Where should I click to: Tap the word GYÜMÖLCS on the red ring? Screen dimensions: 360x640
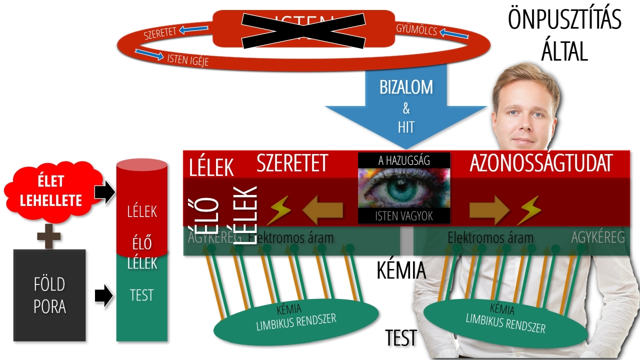tap(416, 30)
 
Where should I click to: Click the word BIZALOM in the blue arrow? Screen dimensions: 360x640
tap(405, 87)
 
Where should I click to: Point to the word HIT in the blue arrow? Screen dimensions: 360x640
tap(406, 127)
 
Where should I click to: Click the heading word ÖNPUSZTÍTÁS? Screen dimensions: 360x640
tap(564, 20)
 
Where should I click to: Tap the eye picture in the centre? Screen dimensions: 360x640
tap(404, 188)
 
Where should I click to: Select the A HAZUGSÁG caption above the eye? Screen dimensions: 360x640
tap(404, 160)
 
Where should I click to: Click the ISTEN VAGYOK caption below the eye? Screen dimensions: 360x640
tap(404, 216)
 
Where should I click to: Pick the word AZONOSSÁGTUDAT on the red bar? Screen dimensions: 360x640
tap(541, 163)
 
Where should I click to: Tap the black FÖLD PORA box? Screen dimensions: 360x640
tap(49, 295)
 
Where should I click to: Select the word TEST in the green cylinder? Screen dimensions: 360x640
tap(141, 295)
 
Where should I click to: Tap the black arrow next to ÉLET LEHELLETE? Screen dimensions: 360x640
tap(104, 192)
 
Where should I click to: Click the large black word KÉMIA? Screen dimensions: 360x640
tap(401, 270)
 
